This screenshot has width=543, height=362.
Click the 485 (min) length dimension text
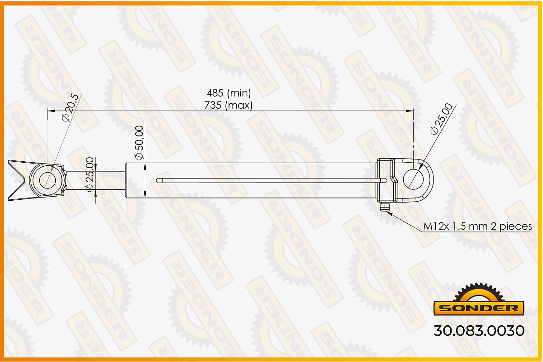(x=229, y=93)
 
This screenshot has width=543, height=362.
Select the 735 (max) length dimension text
(x=229, y=106)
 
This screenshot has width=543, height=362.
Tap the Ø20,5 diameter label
(x=70, y=107)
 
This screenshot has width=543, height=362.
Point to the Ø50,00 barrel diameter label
(x=139, y=143)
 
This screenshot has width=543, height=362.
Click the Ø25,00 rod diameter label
(x=89, y=174)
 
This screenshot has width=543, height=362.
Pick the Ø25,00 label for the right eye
(x=442, y=119)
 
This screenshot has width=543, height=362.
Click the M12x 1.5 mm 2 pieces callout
(x=477, y=227)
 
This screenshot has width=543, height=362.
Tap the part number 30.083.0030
(x=479, y=331)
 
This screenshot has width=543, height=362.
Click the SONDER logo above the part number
(x=479, y=299)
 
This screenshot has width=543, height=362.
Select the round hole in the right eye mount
(x=413, y=180)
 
